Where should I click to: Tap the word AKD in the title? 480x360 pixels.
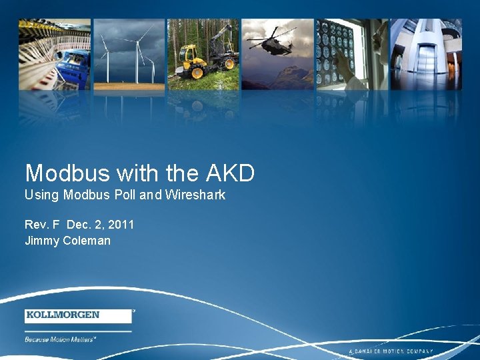pos(230,173)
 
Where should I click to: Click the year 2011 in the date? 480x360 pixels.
pos(119,225)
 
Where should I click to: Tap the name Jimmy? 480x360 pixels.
pos(41,241)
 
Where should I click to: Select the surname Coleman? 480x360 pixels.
pos(87,241)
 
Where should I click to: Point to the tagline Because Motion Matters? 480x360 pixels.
pos(61,339)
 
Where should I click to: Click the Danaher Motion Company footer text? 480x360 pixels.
pos(391,351)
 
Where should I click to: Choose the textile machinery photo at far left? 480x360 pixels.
pos(55,53)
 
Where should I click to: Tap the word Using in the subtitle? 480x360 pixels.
pos(41,196)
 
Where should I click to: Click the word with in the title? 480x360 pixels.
pos(138,173)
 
